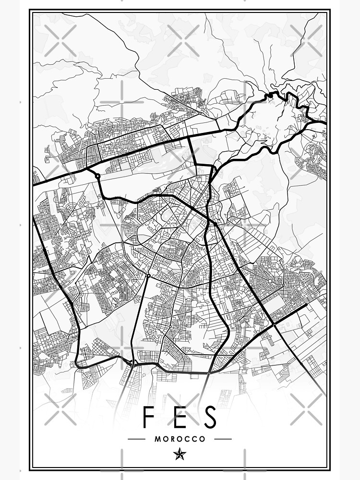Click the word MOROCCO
pyautogui.click(x=180, y=439)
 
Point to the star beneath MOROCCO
pyautogui.click(x=180, y=454)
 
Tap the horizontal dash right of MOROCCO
pyautogui.click(x=223, y=439)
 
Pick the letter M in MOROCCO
pyautogui.click(x=158, y=439)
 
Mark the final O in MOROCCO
pyautogui.click(x=202, y=439)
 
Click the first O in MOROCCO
pyautogui.click(x=166, y=439)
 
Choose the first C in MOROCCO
pyautogui.click(x=188, y=439)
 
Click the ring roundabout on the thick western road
pyautogui.click(x=98, y=176)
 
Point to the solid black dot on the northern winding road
pyautogui.click(x=270, y=96)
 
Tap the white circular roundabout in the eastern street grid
pyautogui.click(x=270, y=281)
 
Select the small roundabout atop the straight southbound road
pyautogui.click(x=148, y=276)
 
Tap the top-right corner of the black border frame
pyautogui.click(x=330, y=11)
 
